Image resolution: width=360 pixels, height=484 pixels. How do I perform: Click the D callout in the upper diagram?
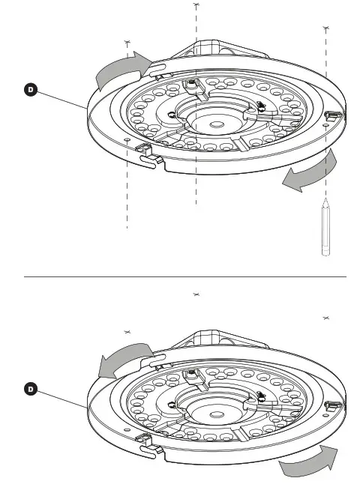click(x=31, y=91)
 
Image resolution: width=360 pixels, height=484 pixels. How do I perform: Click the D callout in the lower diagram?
click(x=31, y=389)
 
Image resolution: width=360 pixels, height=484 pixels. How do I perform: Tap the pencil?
click(x=325, y=229)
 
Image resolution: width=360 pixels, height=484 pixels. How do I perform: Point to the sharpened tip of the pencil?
click(x=325, y=202)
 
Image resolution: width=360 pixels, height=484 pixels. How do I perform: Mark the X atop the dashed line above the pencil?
click(x=325, y=28)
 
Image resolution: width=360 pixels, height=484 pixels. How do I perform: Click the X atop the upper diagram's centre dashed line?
click(x=196, y=5)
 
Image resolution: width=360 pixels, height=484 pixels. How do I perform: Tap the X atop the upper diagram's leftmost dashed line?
click(x=128, y=42)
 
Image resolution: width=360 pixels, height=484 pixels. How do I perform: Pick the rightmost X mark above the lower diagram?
click(x=325, y=319)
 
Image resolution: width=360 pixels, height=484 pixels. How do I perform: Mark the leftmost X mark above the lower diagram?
click(x=128, y=332)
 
